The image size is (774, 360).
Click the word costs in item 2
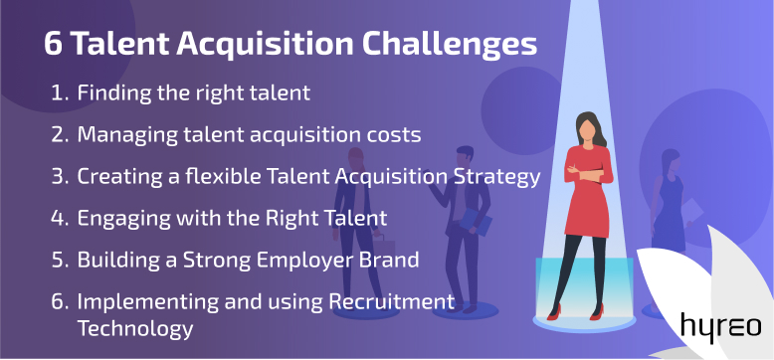(x=391, y=133)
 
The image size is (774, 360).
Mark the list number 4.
(x=59, y=218)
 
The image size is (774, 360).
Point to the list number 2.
(x=59, y=133)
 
